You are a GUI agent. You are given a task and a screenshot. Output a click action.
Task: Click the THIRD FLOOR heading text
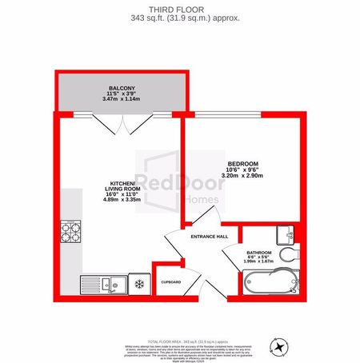(x=180, y=9)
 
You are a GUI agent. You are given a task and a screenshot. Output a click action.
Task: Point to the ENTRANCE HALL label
(x=210, y=236)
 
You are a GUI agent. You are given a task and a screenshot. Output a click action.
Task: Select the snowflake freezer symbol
(x=138, y=284)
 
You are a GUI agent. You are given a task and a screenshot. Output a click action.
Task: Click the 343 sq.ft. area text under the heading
(x=180, y=18)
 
